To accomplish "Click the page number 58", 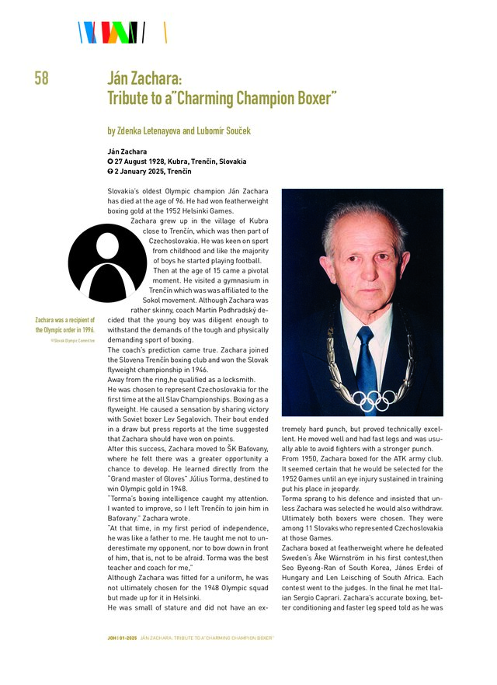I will coord(41,78).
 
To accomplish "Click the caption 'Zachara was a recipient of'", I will coord(65,320).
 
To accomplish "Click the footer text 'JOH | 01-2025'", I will coord(121,638).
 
